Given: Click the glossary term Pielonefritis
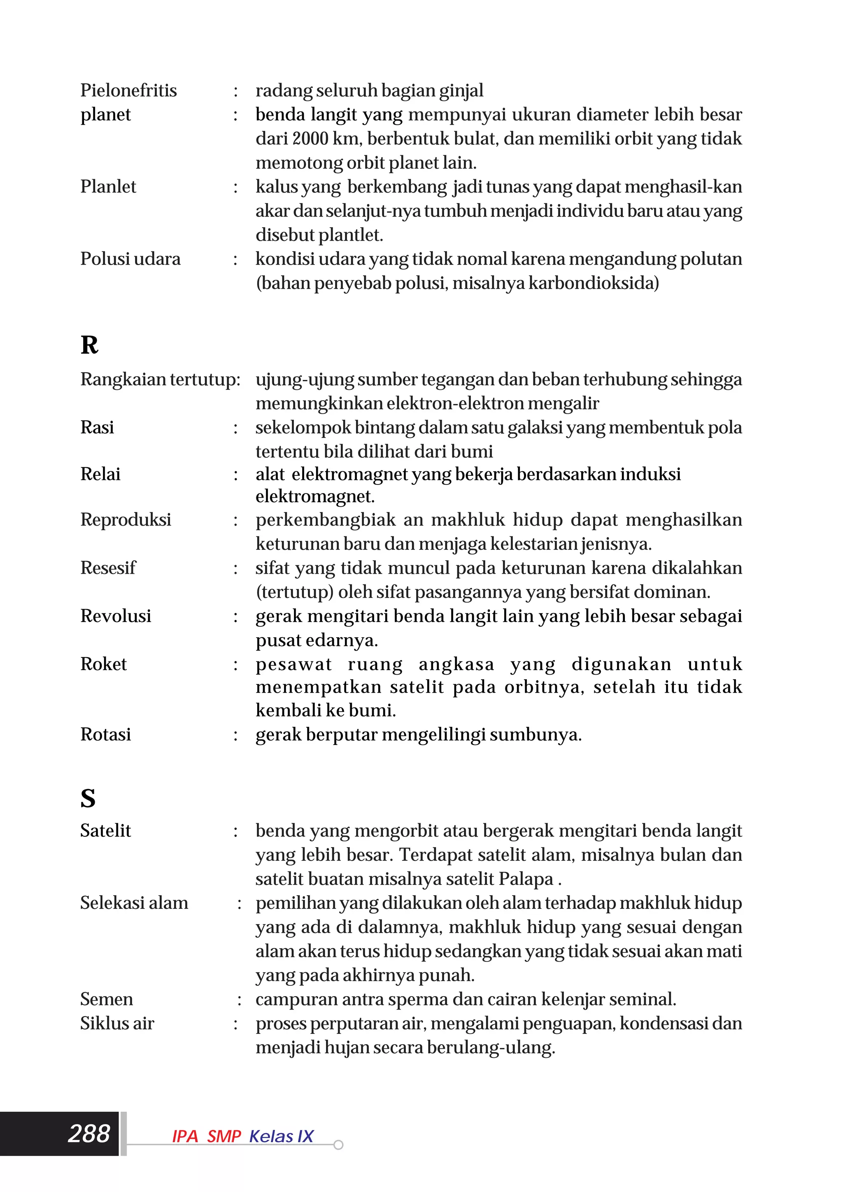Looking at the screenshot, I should tap(128, 90).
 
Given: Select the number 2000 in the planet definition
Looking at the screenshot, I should tap(310, 139).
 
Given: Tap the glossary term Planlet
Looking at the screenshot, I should tap(108, 186).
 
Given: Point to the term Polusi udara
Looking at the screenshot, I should tap(130, 258).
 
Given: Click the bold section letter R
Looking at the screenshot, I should tap(89, 345).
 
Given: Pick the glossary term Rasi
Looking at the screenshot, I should tap(97, 427).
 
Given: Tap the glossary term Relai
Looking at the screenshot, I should tap(100, 474).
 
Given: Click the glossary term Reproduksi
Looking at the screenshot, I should tap(126, 520).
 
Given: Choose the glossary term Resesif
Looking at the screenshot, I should tap(108, 568).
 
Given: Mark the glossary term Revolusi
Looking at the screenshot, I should tap(116, 616).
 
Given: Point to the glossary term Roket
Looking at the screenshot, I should tap(103, 664).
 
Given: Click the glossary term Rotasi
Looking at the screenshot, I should tap(105, 734).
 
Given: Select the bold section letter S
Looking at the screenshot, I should tap(88, 799).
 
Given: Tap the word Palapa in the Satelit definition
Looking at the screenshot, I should tap(526, 879).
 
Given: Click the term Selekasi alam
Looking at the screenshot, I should tap(134, 903).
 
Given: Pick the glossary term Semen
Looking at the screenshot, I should tap(107, 999).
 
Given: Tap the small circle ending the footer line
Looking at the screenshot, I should tap(338, 1145).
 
